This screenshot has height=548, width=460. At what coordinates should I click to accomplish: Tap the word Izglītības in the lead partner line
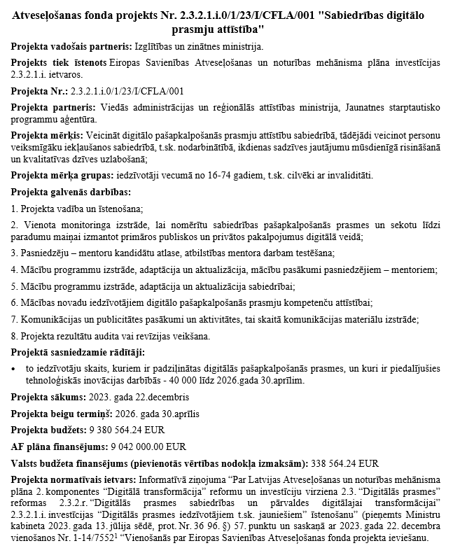tap(154, 47)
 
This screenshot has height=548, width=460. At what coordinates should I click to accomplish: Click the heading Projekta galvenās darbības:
tap(71, 192)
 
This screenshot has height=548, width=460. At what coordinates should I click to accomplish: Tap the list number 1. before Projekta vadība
tap(15, 208)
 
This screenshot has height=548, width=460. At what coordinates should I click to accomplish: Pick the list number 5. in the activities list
tap(15, 286)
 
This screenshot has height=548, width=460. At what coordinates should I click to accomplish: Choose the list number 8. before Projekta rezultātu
tap(15, 337)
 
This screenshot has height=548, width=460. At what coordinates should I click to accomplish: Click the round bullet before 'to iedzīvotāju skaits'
tap(15, 368)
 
